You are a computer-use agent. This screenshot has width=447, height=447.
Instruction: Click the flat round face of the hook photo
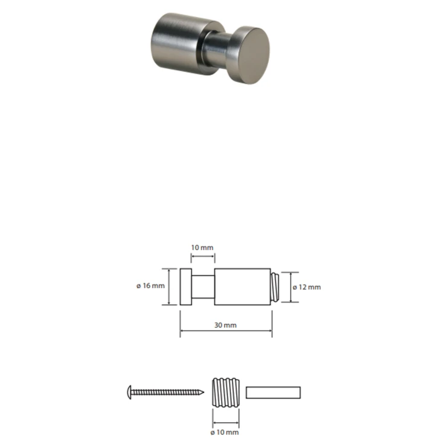point(253,56)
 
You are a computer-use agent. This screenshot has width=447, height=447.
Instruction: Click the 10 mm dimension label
point(202,248)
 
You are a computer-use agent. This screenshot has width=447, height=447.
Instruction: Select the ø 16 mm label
point(150,286)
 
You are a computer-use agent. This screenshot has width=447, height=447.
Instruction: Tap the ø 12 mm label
point(307,287)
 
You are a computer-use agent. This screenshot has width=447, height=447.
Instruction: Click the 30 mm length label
point(225,325)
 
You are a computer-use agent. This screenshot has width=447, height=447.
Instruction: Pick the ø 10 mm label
point(225,433)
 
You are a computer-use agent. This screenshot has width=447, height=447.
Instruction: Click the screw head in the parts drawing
point(129,392)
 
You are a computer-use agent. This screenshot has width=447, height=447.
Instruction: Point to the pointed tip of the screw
point(204,393)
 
